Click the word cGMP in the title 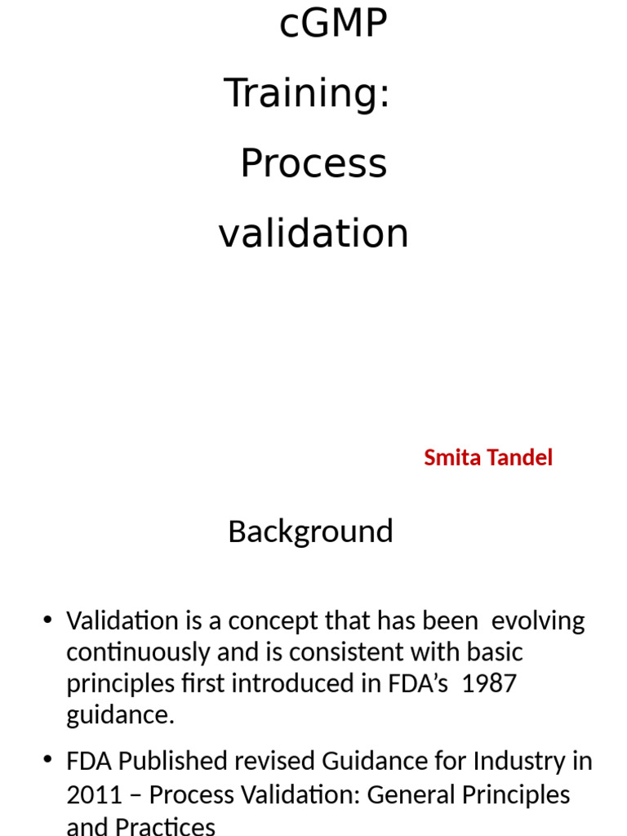click(x=332, y=24)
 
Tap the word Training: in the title click(x=307, y=93)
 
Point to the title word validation click(x=313, y=233)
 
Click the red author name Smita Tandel click(x=488, y=458)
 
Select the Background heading click(x=310, y=531)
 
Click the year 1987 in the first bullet click(x=489, y=683)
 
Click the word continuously click(x=132, y=652)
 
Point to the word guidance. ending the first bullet click(x=121, y=715)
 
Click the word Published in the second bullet click(x=186, y=762)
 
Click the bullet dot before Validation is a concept click(x=47, y=620)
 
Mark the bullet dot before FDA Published click(x=47, y=762)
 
